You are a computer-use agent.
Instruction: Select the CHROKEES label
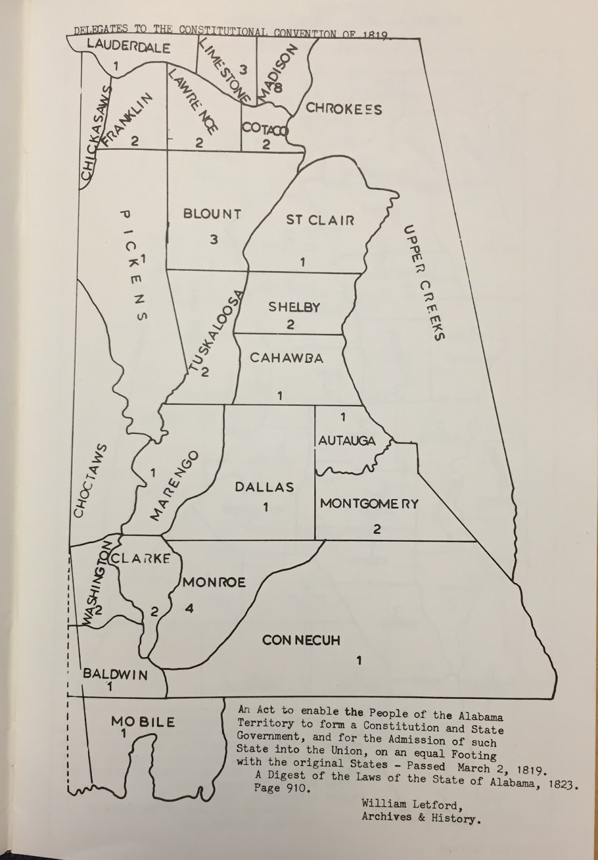tap(344, 109)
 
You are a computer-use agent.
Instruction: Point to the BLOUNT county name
tap(212, 213)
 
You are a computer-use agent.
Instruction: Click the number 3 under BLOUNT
tap(214, 239)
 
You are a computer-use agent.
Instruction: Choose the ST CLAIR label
tap(320, 220)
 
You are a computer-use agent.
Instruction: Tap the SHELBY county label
tap(294, 307)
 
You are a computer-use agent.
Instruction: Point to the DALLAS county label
tap(265, 487)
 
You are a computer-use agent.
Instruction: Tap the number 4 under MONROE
tap(188, 609)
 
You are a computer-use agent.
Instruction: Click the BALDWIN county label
tap(115, 675)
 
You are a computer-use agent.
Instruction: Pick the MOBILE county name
tap(143, 721)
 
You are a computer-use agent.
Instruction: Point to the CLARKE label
tap(141, 558)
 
